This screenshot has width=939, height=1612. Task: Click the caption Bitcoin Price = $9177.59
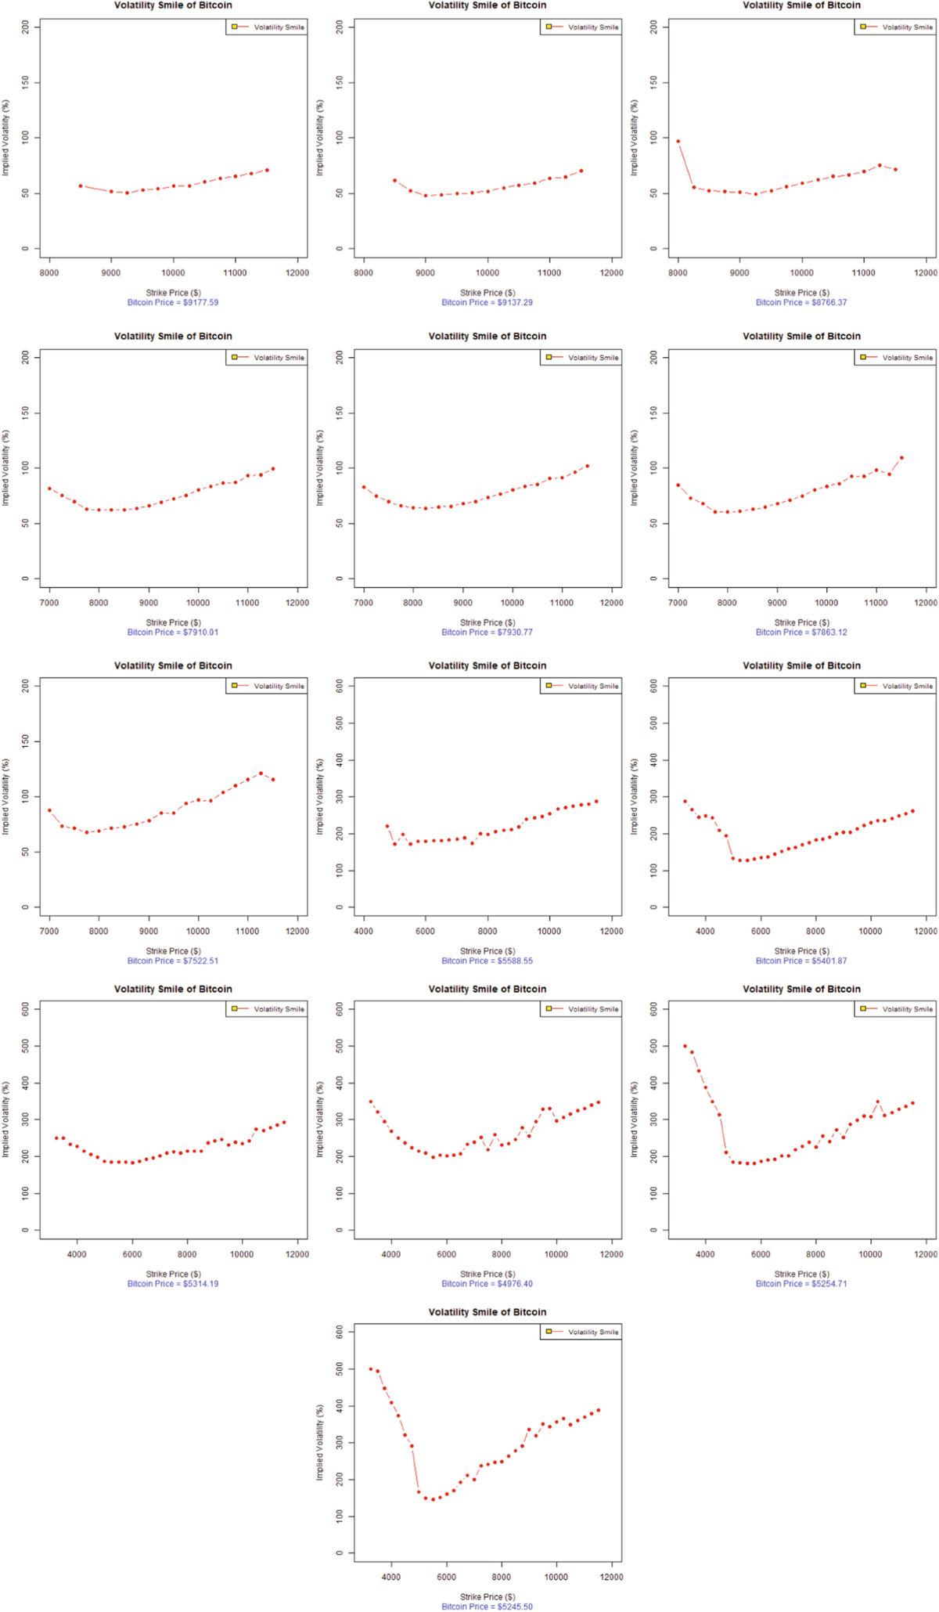tap(173, 302)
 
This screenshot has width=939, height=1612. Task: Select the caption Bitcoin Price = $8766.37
tap(800, 302)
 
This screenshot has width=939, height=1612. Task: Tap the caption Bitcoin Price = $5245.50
tap(487, 1607)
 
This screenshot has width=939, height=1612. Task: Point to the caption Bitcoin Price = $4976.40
tap(487, 1283)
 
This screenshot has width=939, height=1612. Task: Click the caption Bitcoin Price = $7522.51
tap(173, 961)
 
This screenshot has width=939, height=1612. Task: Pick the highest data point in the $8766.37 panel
tap(678, 142)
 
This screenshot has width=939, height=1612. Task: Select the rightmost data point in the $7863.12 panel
tap(901, 458)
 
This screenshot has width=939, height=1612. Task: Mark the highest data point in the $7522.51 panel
tap(261, 774)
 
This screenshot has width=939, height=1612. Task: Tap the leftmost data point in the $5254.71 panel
tap(685, 1046)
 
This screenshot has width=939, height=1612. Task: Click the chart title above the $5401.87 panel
tap(801, 665)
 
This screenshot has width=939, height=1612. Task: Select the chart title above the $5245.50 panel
tap(487, 1312)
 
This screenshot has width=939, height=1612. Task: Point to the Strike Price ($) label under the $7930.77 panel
tap(487, 622)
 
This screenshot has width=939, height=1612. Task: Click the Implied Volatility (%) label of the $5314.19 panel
tap(6, 1120)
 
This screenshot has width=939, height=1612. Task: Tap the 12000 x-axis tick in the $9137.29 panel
tap(611, 273)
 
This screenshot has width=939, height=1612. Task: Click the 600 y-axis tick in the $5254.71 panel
tap(654, 1009)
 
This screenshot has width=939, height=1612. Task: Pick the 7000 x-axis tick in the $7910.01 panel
tap(49, 603)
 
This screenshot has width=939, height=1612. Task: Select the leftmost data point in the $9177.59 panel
tap(81, 186)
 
